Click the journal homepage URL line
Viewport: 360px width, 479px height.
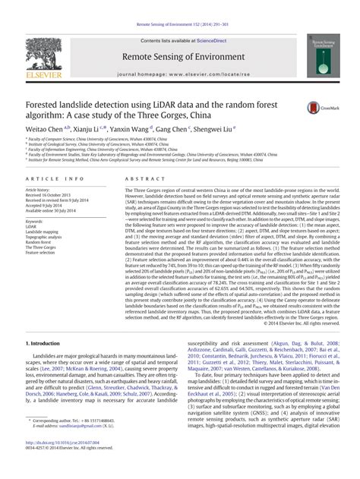179,77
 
